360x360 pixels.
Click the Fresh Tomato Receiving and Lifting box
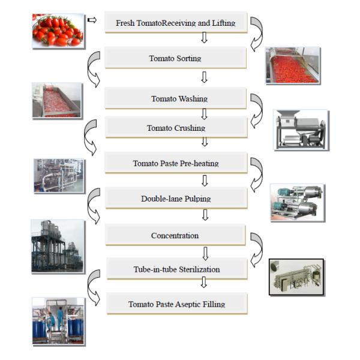tap(175, 23)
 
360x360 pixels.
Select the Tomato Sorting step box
tap(175, 58)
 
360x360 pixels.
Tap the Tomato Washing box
tap(175, 98)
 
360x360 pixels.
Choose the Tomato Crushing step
tap(175, 128)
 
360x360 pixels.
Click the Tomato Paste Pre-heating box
tap(175, 163)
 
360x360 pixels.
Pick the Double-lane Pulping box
tap(175, 198)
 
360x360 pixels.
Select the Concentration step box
tap(175, 235)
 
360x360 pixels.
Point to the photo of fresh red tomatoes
tap(58, 31)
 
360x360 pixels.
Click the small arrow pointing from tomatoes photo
tap(92, 21)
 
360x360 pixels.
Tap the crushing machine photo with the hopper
tap(301, 129)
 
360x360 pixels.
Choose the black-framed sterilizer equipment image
tap(296, 277)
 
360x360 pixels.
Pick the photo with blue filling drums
tap(58, 321)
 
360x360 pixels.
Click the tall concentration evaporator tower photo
tap(58, 246)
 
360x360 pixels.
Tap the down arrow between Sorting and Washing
tap(204, 77)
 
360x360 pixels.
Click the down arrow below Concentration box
tap(205, 252)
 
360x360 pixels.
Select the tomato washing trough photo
tap(57, 100)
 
